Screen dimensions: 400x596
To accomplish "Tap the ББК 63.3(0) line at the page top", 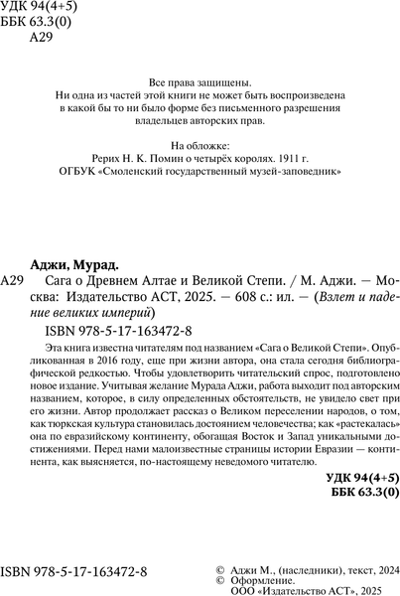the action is pyautogui.click(x=37, y=26).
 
